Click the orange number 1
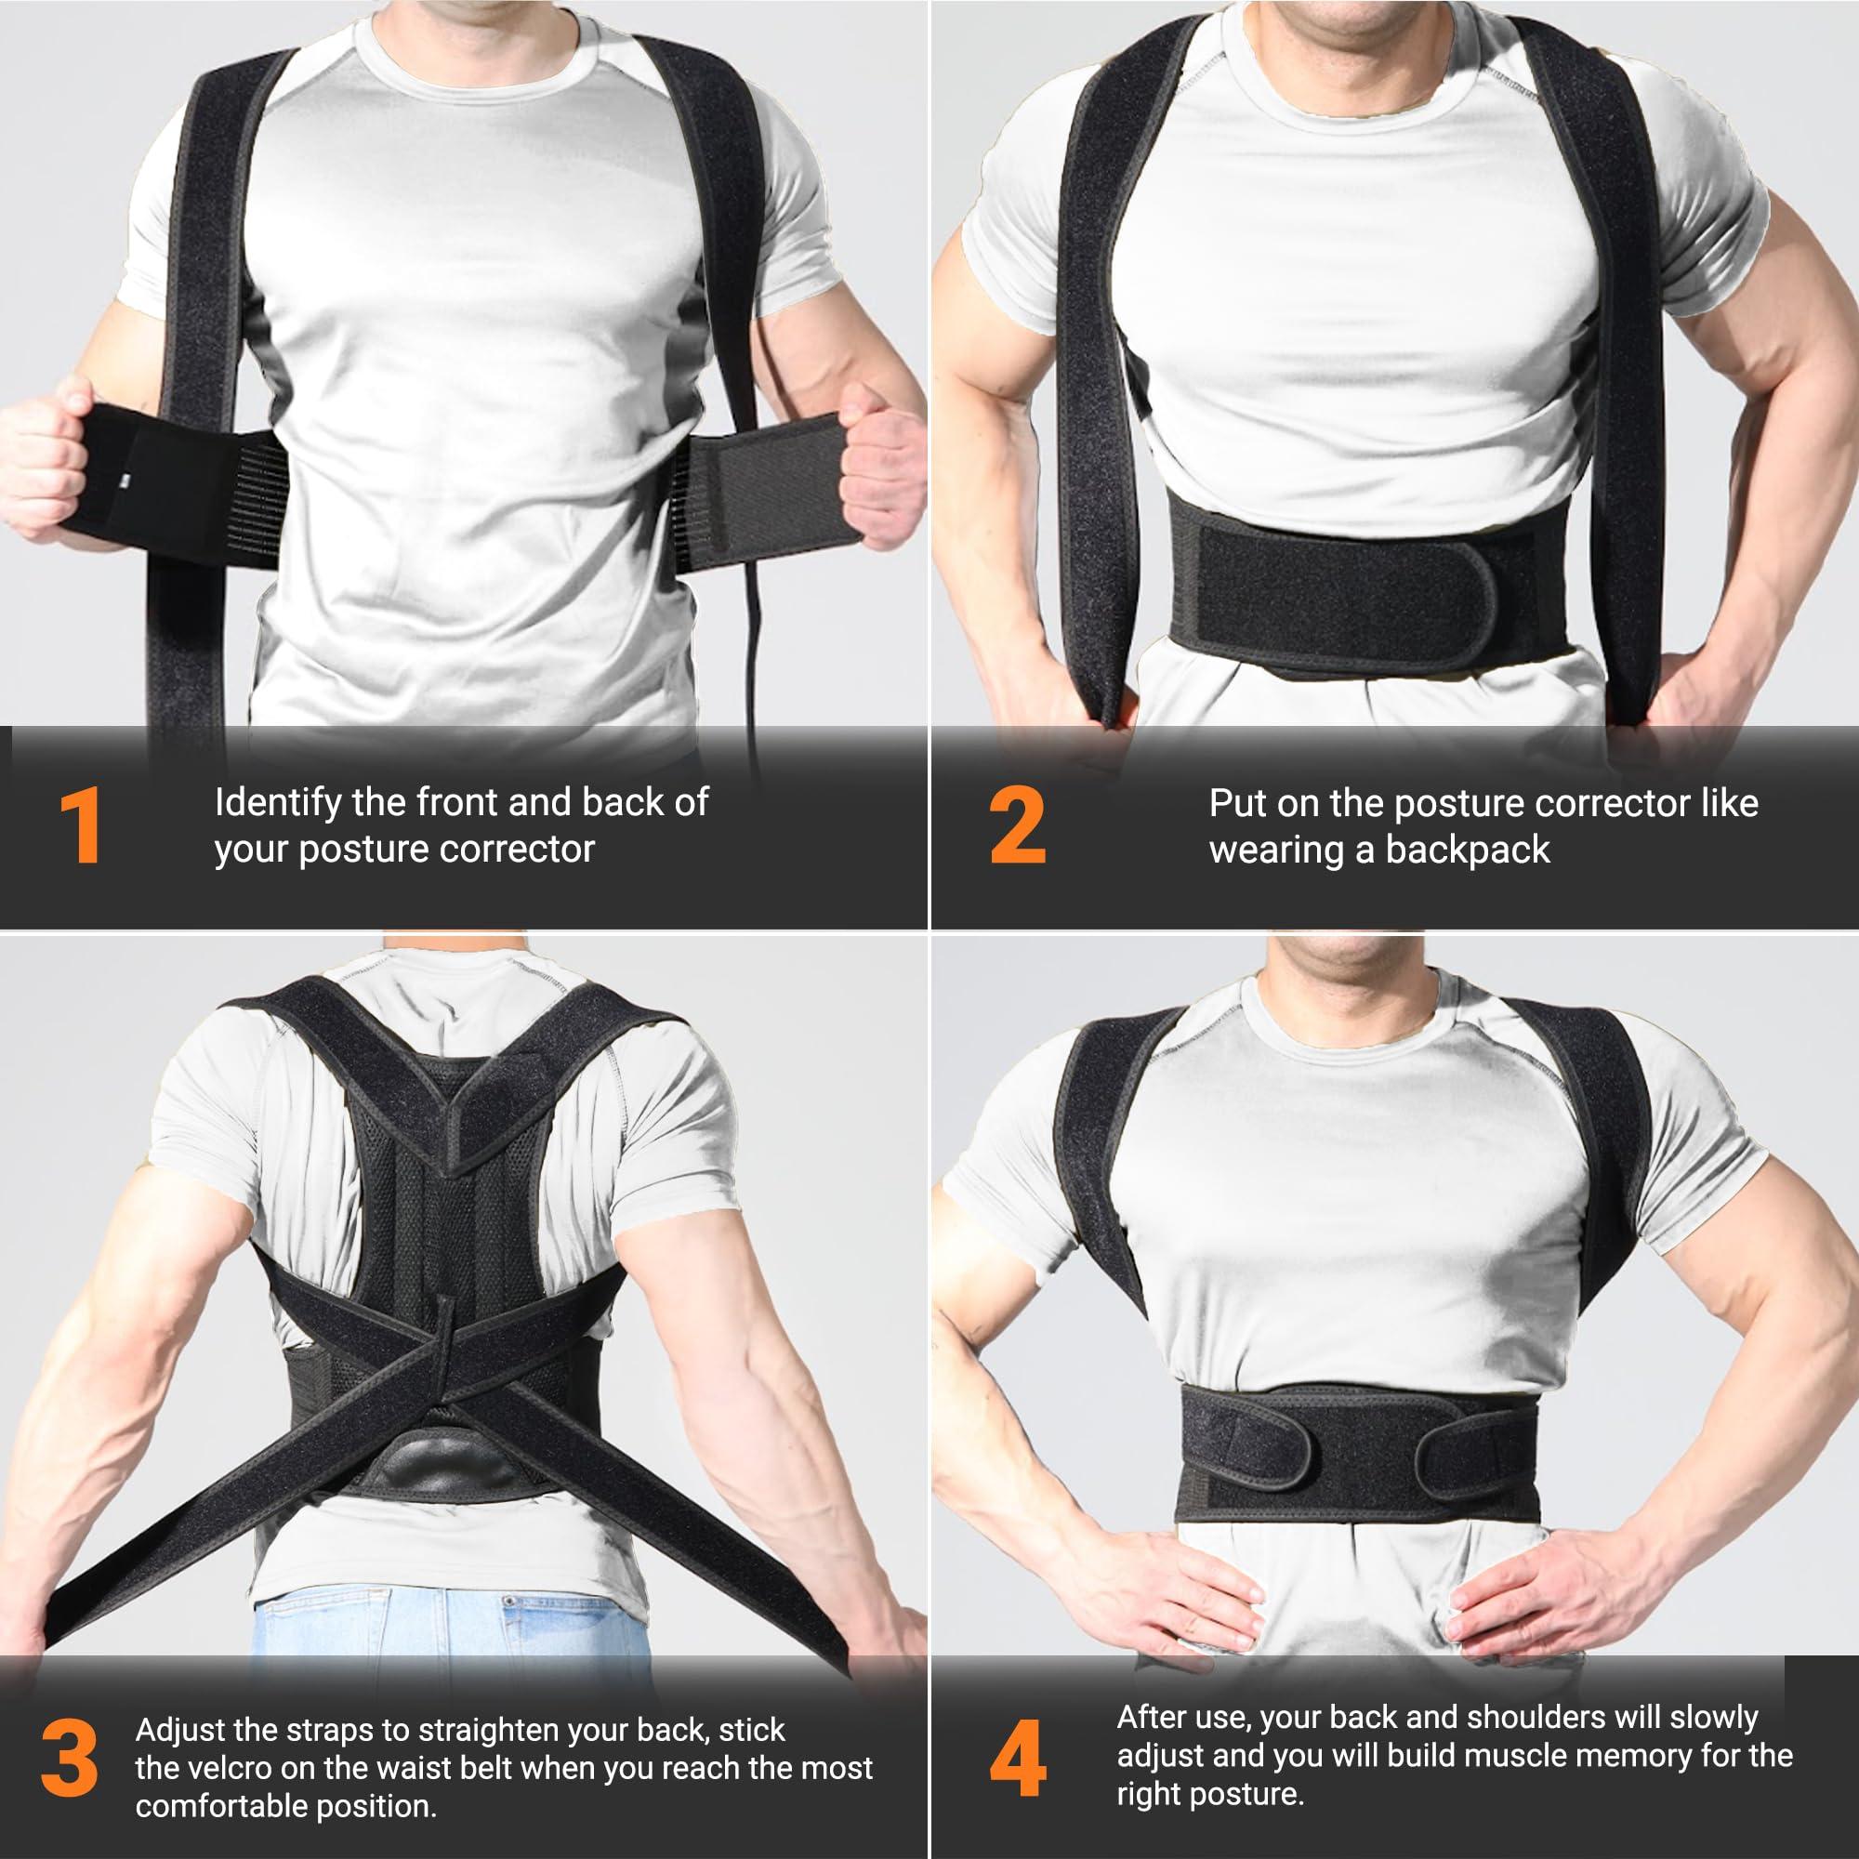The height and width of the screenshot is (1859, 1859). tap(81, 825)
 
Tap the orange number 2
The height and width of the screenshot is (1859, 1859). tap(1017, 825)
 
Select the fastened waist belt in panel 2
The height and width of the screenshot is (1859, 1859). tap(1347, 577)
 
